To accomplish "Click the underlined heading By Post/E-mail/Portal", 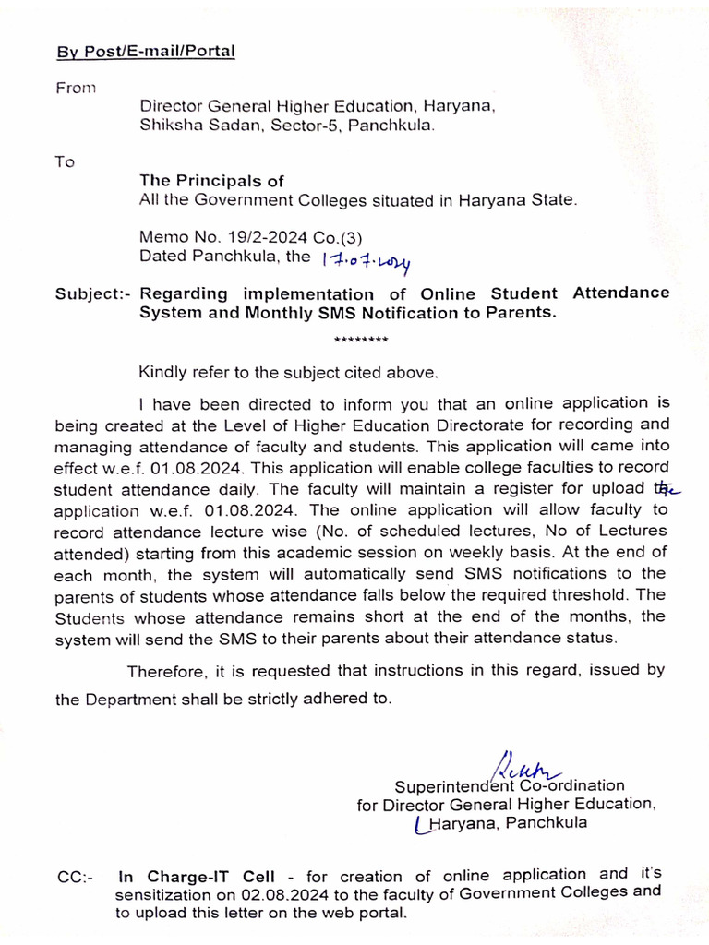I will (145, 50).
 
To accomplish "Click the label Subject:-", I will (93, 294).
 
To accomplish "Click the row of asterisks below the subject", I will (360, 341).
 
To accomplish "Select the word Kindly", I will (163, 373).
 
